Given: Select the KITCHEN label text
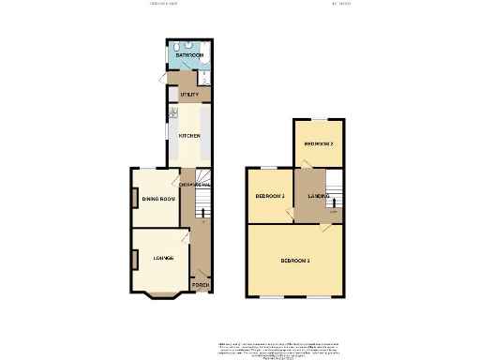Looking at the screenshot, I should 189,135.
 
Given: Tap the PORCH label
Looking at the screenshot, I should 200,283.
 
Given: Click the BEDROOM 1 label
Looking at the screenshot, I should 295,260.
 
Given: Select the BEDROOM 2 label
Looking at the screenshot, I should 318,142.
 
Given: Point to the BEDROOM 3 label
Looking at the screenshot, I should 270,197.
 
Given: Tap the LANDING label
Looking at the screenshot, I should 318,196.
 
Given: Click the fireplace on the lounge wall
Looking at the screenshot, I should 135,257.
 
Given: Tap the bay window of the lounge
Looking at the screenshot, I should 162,298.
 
